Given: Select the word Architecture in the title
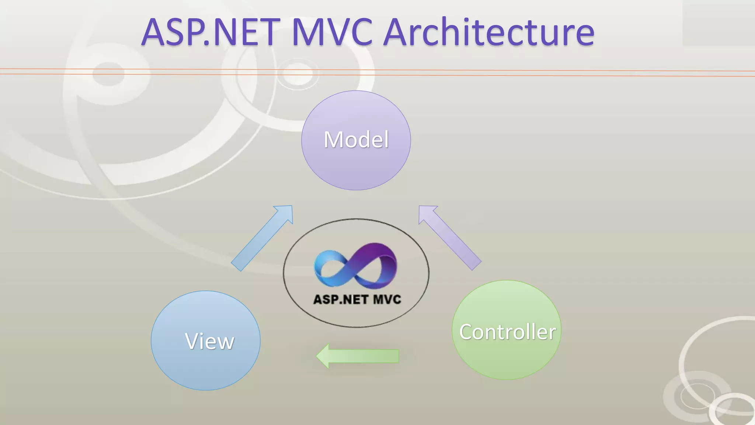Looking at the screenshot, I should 489,32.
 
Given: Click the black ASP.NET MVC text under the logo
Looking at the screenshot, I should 357,299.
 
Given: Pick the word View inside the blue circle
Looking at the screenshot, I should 209,341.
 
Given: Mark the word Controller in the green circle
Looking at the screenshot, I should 507,332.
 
